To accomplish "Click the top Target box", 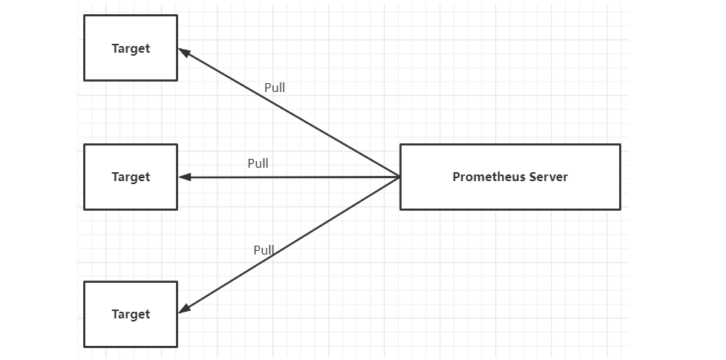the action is (131, 48).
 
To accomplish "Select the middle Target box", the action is (131, 177).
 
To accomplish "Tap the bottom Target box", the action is (131, 314).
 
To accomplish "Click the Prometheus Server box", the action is (510, 177).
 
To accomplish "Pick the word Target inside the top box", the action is (131, 48).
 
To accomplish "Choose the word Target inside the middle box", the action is (131, 177).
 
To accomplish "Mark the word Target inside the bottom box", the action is (131, 315).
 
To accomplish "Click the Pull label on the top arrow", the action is (275, 88).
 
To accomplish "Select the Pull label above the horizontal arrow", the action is (258, 163).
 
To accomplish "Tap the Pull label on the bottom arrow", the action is (264, 250).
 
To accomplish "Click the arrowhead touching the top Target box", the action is (184, 52).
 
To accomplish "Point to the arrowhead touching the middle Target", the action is (185, 177).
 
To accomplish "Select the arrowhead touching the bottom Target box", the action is (184, 309).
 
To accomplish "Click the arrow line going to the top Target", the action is (289, 112).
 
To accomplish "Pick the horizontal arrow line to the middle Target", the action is (289, 177).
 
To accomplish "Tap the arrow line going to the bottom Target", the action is (289, 245).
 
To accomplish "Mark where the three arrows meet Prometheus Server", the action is (399, 177).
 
